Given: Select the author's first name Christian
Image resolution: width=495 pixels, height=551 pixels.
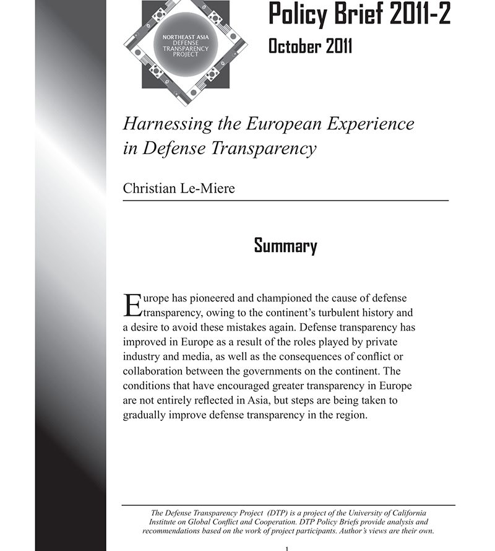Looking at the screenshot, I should coord(148,188).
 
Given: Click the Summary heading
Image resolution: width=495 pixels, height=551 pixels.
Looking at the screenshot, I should coord(285,246).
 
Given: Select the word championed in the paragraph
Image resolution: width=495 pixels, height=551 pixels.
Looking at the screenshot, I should coord(292,298).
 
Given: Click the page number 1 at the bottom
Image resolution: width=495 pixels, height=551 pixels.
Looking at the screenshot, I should coord(286,549).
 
